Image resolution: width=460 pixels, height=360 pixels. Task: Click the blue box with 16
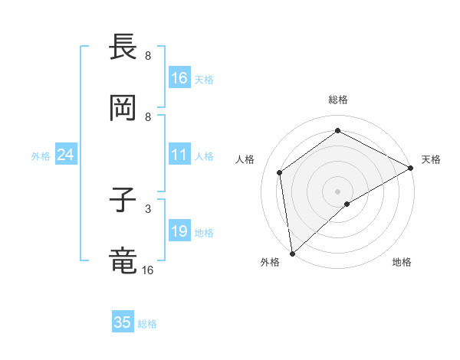(x=179, y=78)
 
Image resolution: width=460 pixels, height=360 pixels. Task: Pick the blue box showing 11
(x=179, y=155)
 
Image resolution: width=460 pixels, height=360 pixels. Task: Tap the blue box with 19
(x=179, y=231)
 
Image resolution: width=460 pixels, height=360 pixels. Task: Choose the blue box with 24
(x=65, y=155)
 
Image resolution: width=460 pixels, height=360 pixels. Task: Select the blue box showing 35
(x=123, y=322)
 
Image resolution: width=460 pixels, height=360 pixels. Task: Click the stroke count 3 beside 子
(x=148, y=208)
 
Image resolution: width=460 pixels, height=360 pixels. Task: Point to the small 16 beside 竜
(x=148, y=270)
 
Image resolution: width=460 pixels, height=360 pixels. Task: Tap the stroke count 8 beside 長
(x=148, y=55)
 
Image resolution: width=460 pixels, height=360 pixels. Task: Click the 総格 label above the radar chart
(x=338, y=100)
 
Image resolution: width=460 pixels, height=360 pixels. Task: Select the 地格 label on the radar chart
(x=402, y=263)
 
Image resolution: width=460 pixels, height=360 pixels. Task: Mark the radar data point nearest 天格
(x=411, y=169)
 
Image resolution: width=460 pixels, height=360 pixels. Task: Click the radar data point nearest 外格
(x=292, y=253)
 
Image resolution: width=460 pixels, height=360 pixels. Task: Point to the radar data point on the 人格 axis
(x=280, y=172)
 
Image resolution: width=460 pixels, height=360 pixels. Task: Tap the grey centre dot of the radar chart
(x=338, y=191)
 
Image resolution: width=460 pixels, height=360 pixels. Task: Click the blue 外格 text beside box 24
(x=41, y=155)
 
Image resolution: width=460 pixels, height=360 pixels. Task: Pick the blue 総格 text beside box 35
(x=147, y=324)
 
